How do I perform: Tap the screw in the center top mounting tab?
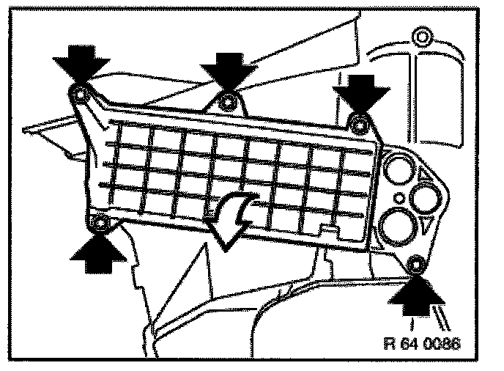[229, 102]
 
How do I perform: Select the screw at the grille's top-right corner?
[359, 122]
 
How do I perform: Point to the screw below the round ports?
[415, 263]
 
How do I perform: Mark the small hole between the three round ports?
[399, 197]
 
